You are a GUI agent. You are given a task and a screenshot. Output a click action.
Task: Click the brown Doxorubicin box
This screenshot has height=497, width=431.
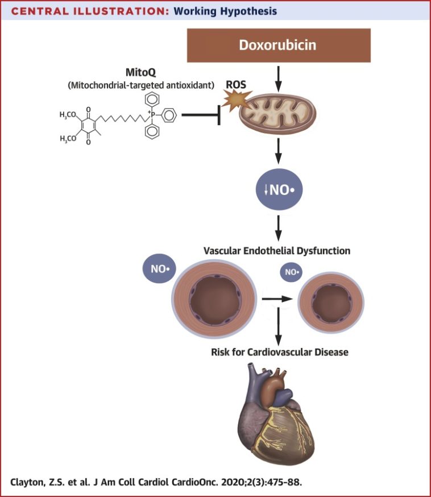[x=279, y=45]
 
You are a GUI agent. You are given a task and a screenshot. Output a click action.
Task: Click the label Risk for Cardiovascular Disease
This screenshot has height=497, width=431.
[x=278, y=352]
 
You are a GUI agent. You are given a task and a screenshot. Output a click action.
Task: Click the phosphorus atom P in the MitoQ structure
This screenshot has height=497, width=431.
[x=153, y=116]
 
